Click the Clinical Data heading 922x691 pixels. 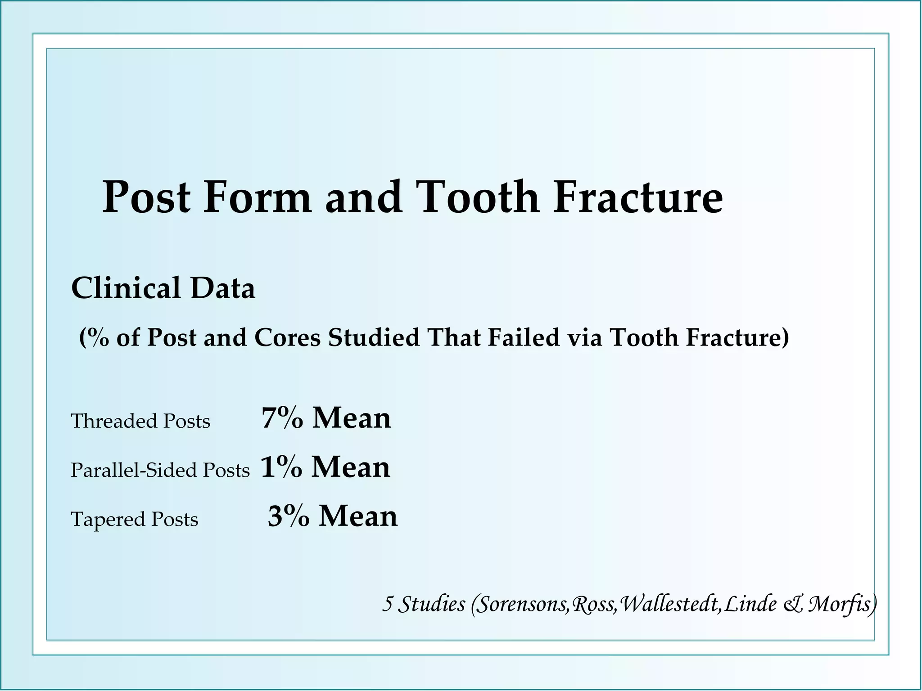pos(163,288)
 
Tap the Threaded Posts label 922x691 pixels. pos(140,422)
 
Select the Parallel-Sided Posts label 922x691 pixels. pos(160,470)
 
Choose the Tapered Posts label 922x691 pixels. pos(134,519)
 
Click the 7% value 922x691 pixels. pos(282,418)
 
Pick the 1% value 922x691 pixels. pos(281,467)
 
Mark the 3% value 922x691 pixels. pos(288,516)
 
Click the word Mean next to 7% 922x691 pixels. pos(352,418)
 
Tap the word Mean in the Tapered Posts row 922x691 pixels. pos(358,516)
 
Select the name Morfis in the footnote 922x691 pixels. pos(841,604)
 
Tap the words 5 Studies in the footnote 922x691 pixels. pos(424,604)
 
